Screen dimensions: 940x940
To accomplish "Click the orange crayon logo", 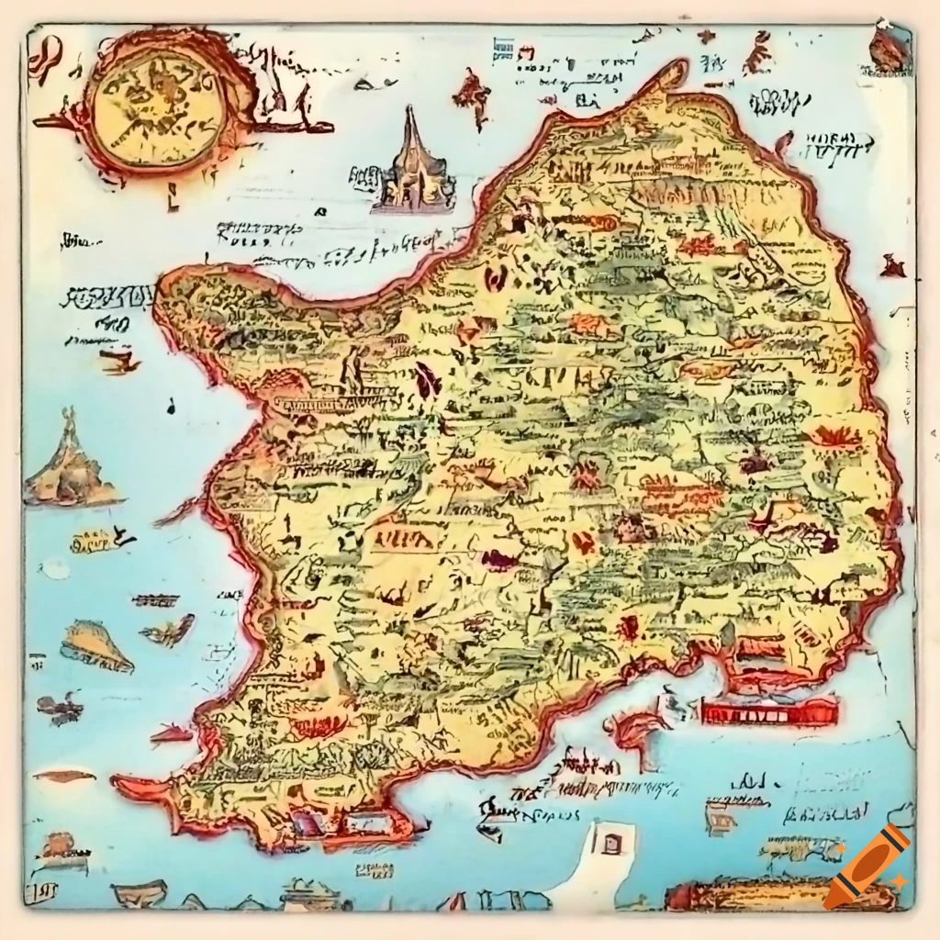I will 866,867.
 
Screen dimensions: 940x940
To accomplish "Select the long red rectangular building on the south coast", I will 769,711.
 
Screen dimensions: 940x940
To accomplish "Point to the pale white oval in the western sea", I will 55,569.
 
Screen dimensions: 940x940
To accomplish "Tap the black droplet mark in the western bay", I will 171,405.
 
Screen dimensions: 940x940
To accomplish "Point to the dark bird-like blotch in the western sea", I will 59,707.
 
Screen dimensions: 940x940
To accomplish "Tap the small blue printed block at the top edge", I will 503,49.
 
